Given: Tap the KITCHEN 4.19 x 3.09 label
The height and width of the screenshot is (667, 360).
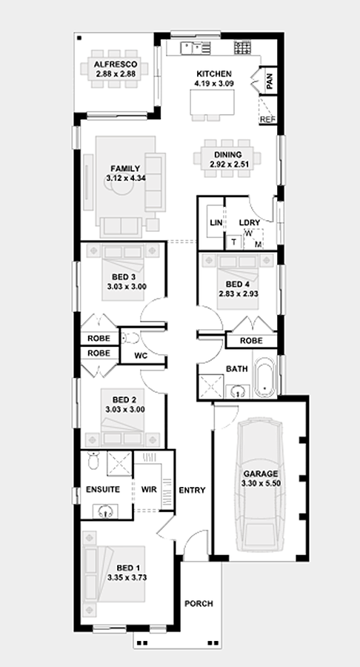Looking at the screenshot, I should point(214,74).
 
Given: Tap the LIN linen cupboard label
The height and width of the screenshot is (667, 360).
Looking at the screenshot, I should point(216,223).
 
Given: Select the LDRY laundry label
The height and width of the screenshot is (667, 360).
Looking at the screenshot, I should point(249,223).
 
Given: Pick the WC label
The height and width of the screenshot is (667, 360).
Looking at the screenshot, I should point(141,356).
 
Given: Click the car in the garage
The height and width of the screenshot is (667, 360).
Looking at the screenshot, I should point(259,485).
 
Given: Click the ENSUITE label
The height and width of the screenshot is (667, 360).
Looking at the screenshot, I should point(103,489).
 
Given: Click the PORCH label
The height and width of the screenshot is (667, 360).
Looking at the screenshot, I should point(199,604).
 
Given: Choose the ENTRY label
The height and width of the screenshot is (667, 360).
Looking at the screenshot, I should point(192,490).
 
